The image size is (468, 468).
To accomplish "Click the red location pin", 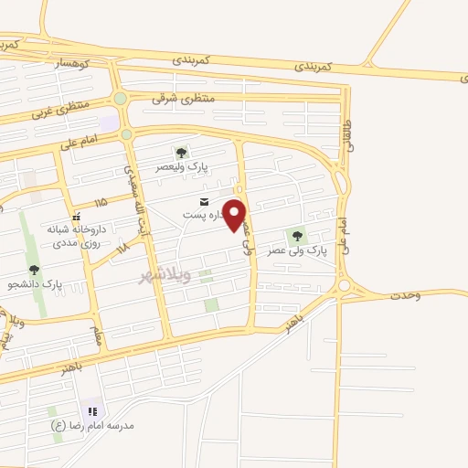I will tap(235, 213).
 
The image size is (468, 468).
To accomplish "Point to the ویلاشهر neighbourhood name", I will tap(165, 275).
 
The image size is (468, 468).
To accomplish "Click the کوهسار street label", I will tap(71, 63).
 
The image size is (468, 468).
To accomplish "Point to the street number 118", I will tap(122, 248).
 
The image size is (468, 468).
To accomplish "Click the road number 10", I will tap(239, 189).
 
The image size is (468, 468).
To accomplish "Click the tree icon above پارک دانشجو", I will tap(35, 270).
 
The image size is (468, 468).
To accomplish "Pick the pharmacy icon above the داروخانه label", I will tap(76, 217).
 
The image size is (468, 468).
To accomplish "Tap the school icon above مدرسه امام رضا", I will tap(92, 411).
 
